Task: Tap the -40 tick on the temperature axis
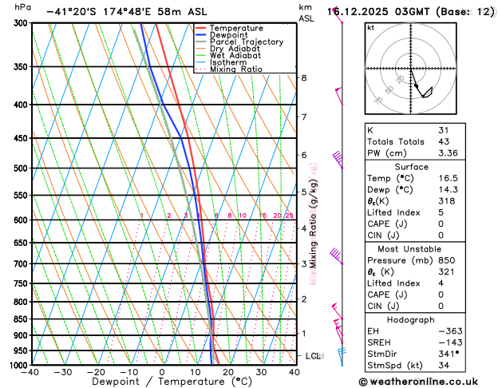(30, 371)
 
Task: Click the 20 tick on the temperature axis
(228, 371)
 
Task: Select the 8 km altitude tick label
(303, 77)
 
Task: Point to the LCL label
(313, 356)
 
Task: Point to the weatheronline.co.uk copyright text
(429, 380)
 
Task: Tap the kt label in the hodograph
(370, 28)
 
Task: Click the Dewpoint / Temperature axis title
(162, 382)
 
